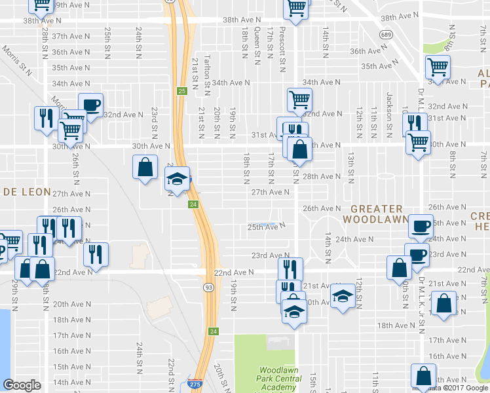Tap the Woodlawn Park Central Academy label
pos(279,379)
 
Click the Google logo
pos(22,385)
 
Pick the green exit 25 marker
pos(181,91)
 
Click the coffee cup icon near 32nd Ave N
pos(90,105)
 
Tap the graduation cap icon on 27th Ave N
pos(177,178)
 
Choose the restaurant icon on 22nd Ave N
pos(290,269)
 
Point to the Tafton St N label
pos(206,71)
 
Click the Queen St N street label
pos(257,45)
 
